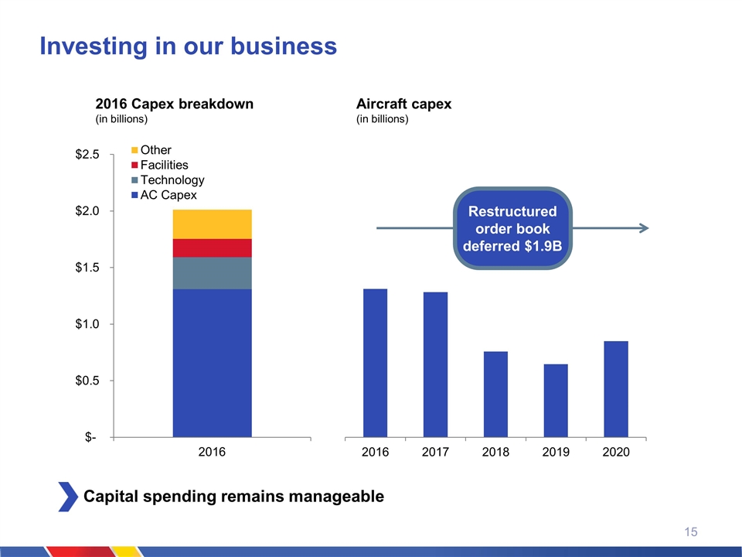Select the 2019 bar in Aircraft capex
point(556,400)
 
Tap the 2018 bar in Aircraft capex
point(495,394)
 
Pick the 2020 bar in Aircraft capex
point(616,388)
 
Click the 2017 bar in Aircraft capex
point(435,364)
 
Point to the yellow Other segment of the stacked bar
point(212,224)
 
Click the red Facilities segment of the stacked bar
point(212,248)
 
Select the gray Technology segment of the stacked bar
point(212,273)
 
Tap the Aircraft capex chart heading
point(403,104)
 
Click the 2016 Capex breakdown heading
point(174,104)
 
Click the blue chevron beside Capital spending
point(68,496)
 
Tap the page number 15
point(691,531)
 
